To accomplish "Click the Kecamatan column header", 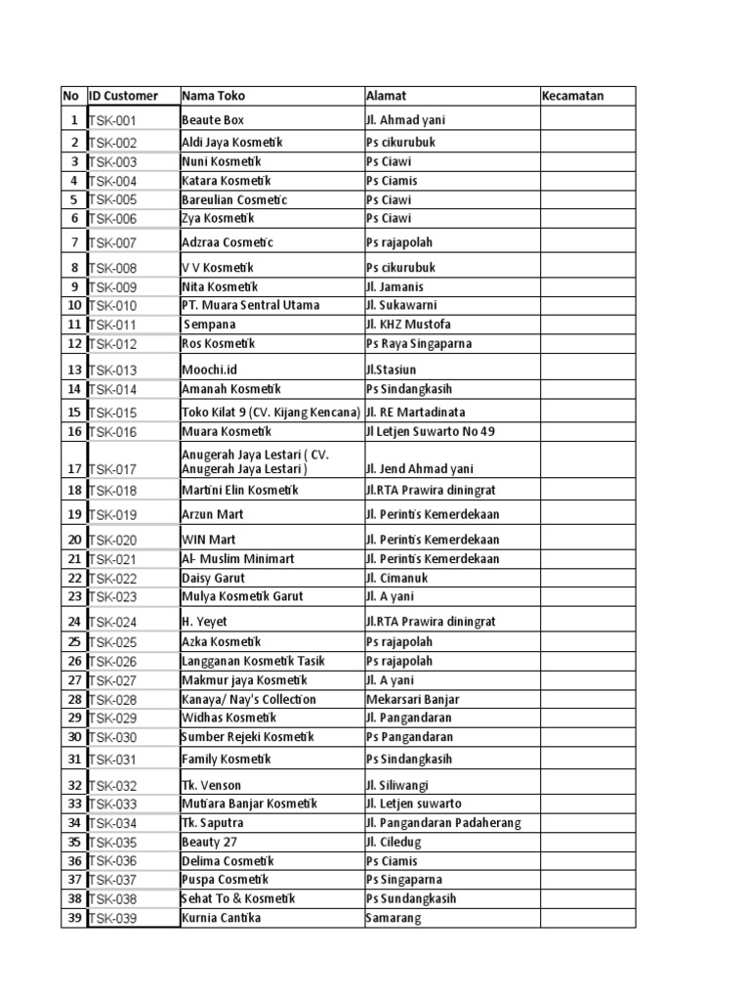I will (x=572, y=96).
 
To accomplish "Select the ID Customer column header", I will (x=123, y=96).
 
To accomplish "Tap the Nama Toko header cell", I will (x=213, y=96).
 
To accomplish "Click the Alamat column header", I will (x=386, y=96).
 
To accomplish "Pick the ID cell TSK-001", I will (x=113, y=121).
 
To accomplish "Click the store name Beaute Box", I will (x=213, y=120).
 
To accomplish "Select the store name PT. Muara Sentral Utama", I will (x=250, y=305).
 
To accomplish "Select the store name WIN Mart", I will (x=209, y=539).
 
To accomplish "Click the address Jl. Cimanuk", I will (x=396, y=578).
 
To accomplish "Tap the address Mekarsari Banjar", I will (x=413, y=699).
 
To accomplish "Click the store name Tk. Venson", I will (x=211, y=785).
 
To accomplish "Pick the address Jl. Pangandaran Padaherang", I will (x=443, y=823).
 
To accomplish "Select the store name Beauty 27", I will (x=210, y=842).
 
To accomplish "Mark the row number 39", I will (x=73, y=918).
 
